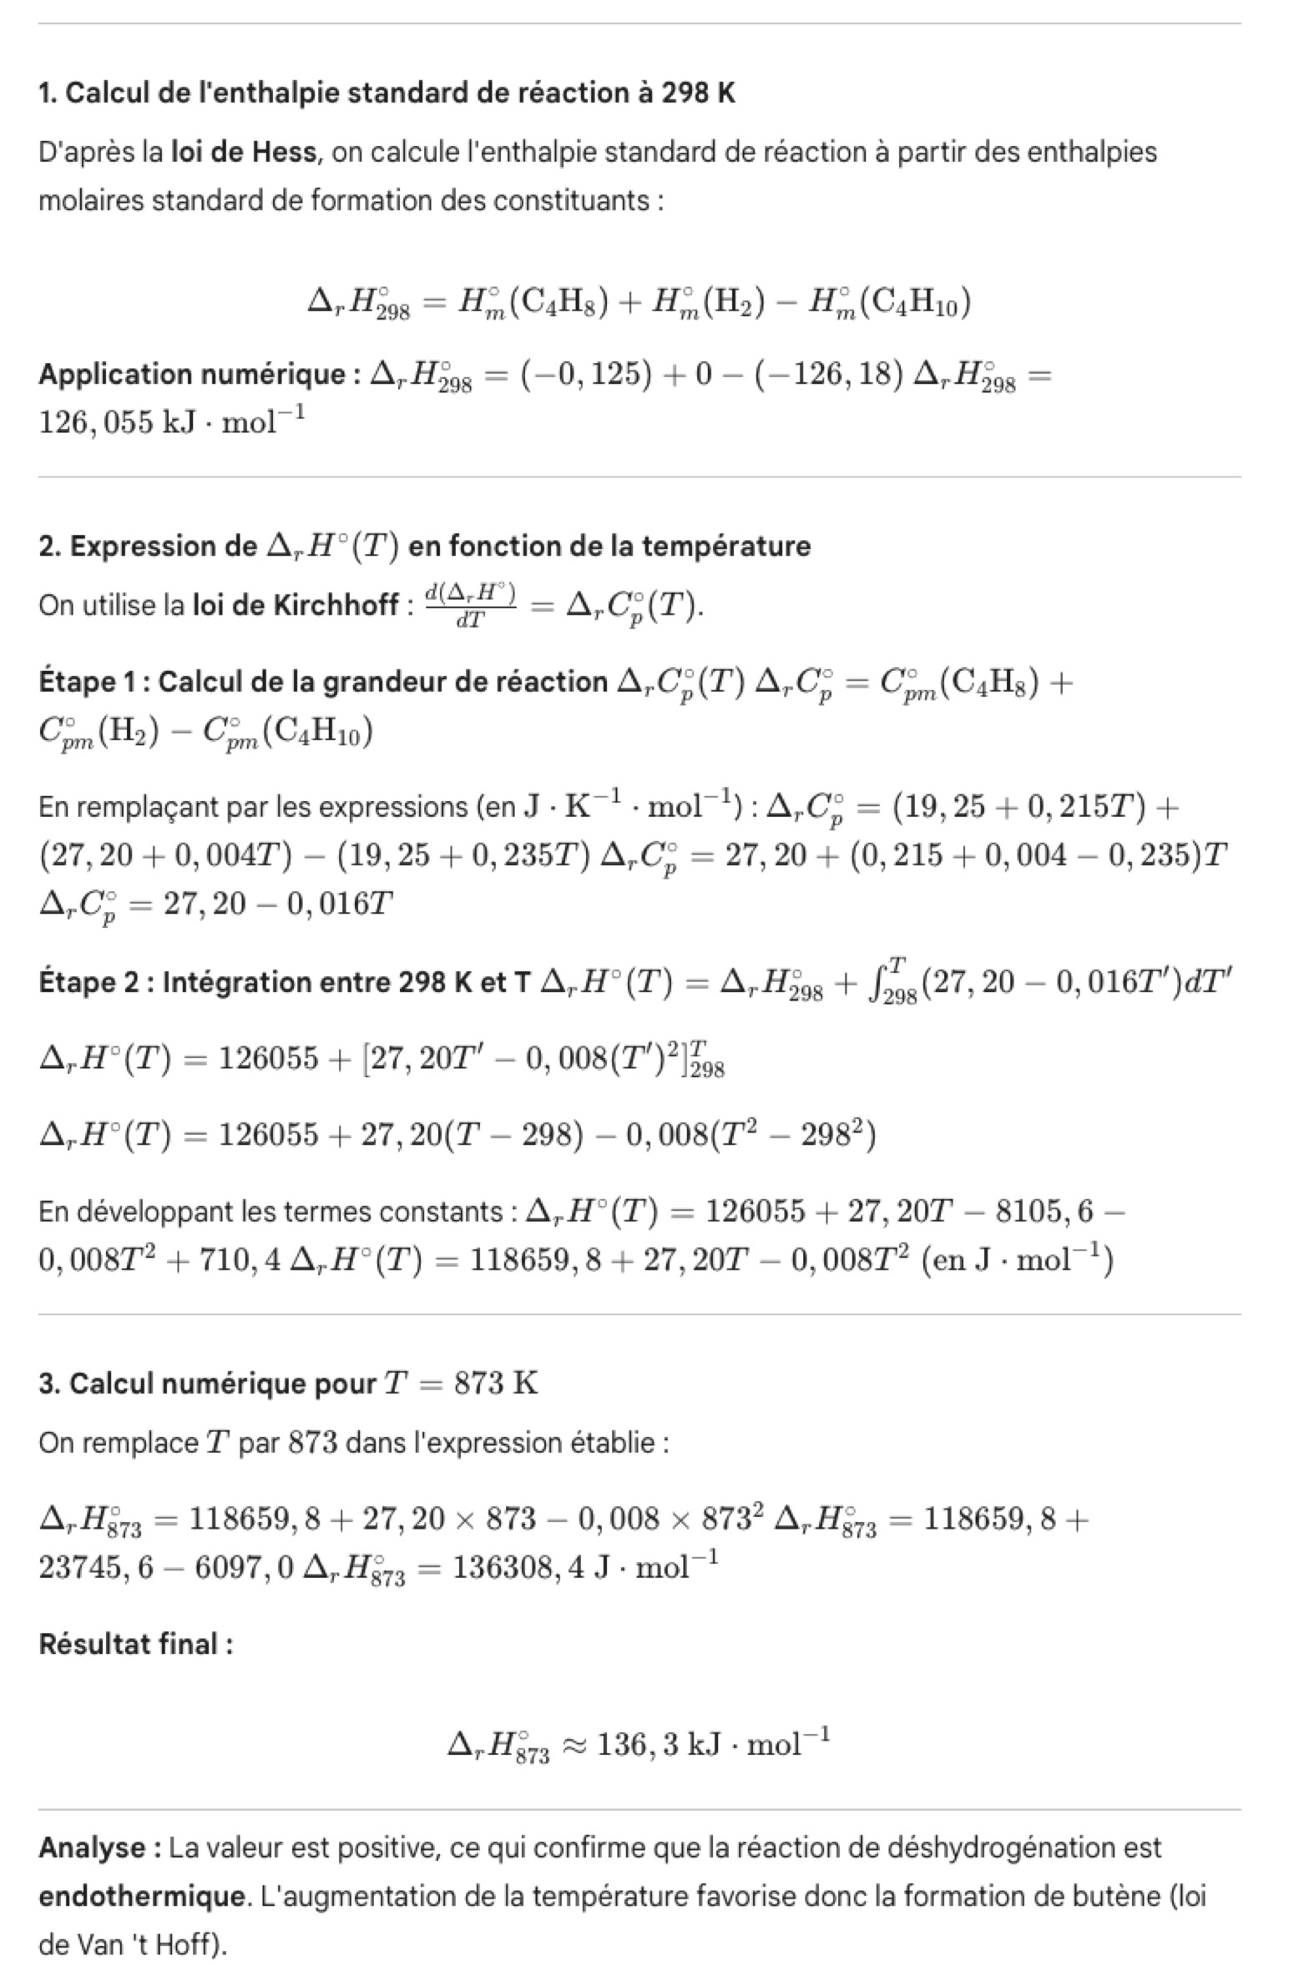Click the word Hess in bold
coord(284,152)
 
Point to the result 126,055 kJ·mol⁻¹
coord(171,422)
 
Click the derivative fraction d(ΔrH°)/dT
coord(471,605)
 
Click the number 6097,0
coord(245,1567)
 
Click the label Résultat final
coord(136,1644)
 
